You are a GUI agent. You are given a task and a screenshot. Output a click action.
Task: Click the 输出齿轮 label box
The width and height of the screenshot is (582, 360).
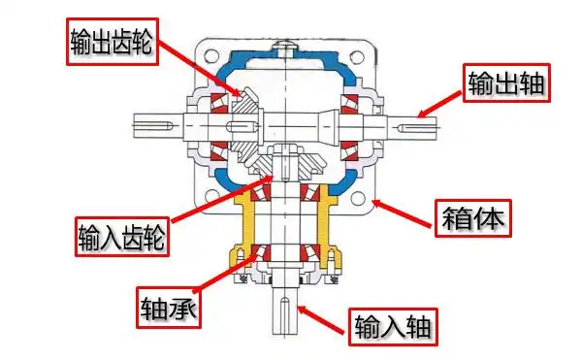(113, 39)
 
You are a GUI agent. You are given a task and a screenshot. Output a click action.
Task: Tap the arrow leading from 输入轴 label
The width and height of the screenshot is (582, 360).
(320, 314)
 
